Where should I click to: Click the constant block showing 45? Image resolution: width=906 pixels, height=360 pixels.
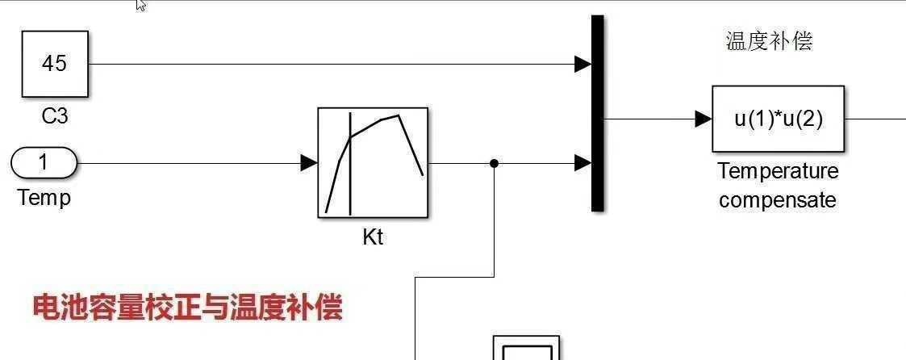tap(54, 64)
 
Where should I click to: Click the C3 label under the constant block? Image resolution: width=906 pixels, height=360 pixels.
tap(54, 117)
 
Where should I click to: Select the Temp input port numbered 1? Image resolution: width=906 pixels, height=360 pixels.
tap(44, 163)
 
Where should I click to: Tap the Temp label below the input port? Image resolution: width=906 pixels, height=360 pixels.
tap(44, 198)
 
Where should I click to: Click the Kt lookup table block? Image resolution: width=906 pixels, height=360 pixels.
tap(373, 163)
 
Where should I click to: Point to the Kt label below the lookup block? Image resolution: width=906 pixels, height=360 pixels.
tap(373, 238)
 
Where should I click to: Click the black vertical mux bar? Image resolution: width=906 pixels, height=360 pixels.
tap(597, 113)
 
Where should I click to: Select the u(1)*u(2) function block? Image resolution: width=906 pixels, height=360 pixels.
tap(778, 119)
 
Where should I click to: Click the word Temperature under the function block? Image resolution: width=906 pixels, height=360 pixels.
tap(778, 171)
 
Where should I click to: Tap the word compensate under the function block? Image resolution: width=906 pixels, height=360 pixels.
tap(778, 200)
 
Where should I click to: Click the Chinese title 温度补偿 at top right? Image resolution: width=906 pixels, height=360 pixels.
tap(769, 42)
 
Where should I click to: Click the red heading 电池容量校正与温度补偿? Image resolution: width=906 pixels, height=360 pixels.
tap(187, 308)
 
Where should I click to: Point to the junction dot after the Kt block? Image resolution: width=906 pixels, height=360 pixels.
tap(495, 163)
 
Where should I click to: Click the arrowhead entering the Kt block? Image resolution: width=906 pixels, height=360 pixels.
tap(309, 163)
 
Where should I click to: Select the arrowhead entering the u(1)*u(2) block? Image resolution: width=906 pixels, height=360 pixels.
tap(703, 119)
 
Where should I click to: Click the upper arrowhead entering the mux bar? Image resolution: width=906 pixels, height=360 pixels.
tap(582, 64)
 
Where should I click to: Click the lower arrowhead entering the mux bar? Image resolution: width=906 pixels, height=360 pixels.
tap(582, 163)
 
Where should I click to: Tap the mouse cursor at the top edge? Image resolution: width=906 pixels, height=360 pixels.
tap(141, 5)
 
